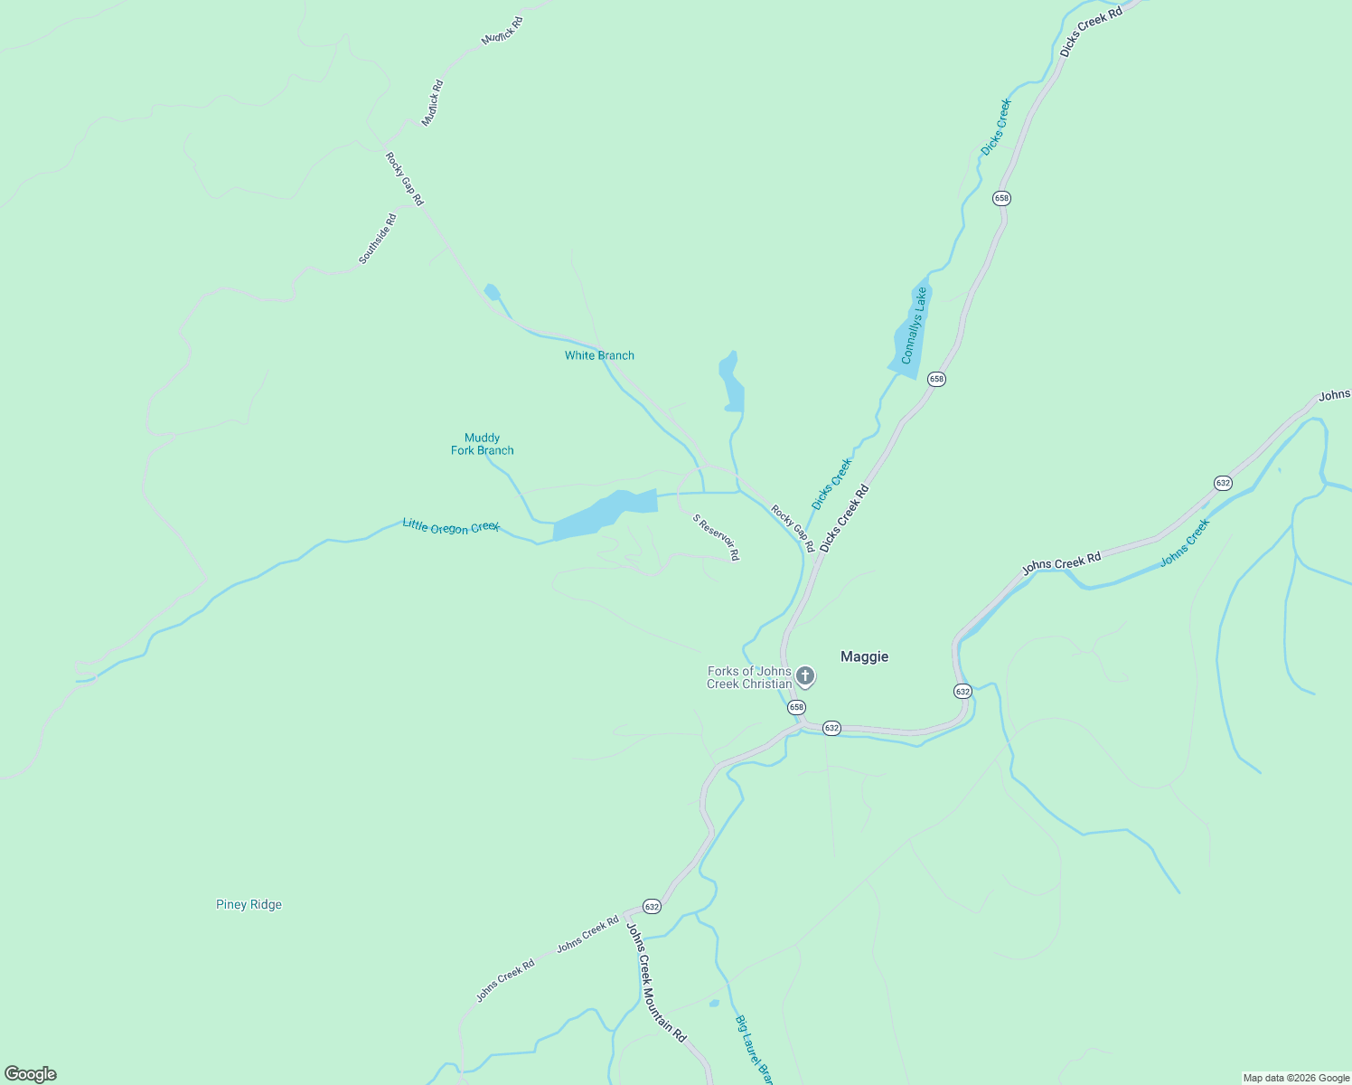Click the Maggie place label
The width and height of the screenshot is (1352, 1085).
click(x=864, y=657)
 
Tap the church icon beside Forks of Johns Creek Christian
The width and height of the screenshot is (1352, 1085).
click(x=805, y=676)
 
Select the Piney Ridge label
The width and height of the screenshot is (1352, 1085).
click(x=249, y=905)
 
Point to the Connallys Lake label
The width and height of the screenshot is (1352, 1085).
click(x=914, y=325)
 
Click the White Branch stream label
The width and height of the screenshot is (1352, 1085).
click(x=599, y=355)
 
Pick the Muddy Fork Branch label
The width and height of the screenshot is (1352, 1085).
click(x=483, y=444)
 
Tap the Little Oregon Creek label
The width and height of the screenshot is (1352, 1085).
click(x=450, y=526)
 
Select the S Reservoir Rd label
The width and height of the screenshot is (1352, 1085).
click(x=717, y=537)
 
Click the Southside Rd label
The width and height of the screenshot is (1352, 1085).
click(x=378, y=239)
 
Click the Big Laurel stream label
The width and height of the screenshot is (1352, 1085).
click(x=754, y=1049)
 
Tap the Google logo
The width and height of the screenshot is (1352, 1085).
click(x=31, y=1074)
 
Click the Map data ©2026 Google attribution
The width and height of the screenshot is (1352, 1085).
click(x=1296, y=1078)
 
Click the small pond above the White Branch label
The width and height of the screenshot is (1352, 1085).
click(x=492, y=291)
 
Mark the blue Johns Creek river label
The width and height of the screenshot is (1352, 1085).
click(x=1185, y=543)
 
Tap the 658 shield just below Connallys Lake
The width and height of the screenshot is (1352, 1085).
click(x=936, y=379)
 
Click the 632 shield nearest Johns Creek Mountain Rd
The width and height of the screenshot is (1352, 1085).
click(x=652, y=906)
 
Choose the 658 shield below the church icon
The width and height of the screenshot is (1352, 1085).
click(x=796, y=706)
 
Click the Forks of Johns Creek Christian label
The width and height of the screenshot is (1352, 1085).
click(x=749, y=677)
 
